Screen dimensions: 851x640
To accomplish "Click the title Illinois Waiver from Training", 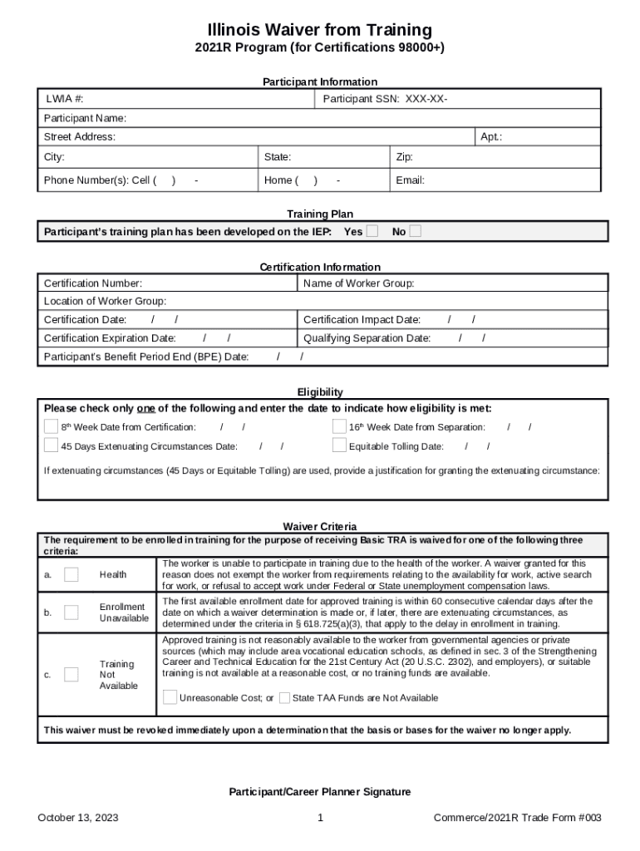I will pos(319,31).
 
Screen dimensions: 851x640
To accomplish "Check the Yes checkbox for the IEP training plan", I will pos(372,231).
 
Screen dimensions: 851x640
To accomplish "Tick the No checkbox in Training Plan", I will pos(415,231).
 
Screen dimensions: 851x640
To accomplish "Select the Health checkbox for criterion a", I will pos(71,574).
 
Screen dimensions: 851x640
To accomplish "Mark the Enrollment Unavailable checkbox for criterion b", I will pos(71,612).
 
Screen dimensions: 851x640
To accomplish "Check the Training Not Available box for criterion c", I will pos(71,674).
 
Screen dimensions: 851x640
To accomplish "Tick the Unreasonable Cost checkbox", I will pos(170,697).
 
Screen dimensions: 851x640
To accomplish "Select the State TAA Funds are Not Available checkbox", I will pos(284,697).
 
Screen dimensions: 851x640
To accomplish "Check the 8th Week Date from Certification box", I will pos(52,426).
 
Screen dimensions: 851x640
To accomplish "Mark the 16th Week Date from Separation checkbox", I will pos(339,426).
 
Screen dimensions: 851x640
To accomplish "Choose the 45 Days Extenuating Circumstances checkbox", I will pos(52,445).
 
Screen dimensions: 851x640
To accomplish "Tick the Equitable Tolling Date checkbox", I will pos(339,445).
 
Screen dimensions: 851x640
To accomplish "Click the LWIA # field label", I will pos(64,99).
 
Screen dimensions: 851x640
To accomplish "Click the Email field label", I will pos(411,180).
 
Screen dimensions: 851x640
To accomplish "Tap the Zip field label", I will pos(405,157).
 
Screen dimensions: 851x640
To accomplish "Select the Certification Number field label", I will pos(92,283).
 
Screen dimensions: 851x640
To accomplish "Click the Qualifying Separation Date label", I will pos(367,338).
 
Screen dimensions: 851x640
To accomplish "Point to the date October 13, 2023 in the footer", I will pos(78,818).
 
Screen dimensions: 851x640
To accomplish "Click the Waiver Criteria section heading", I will pos(320,526).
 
